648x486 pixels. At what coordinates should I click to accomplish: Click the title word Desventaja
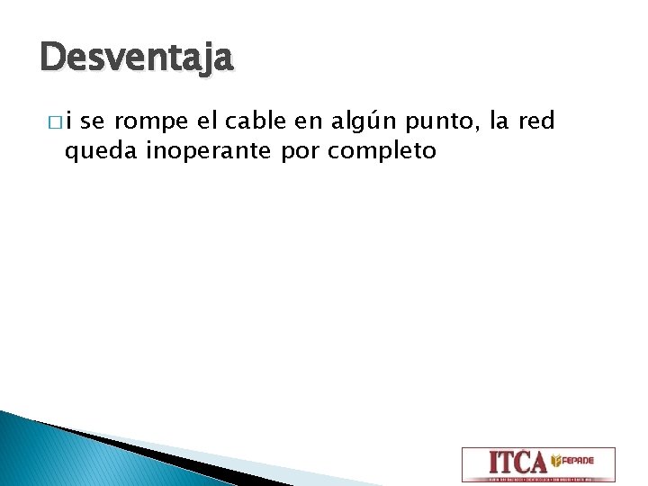137,59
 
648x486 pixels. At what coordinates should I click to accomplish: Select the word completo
382,151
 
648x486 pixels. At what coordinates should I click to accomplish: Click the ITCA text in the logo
517,462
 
